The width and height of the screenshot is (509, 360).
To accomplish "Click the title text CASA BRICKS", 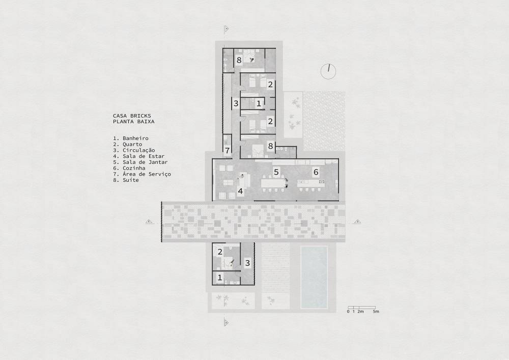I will click(x=132, y=116).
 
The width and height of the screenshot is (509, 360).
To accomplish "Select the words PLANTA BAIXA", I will click(x=134, y=122).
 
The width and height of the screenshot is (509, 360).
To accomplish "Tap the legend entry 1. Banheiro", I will click(x=131, y=138).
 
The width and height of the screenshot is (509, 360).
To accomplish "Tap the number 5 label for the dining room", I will click(x=276, y=172).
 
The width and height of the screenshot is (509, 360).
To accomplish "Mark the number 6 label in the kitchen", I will click(x=316, y=172).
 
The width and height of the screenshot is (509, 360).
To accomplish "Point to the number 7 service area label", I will click(x=228, y=150).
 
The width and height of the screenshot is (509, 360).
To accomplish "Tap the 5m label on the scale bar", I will click(x=376, y=311).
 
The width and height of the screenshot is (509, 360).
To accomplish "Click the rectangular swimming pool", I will click(x=314, y=277).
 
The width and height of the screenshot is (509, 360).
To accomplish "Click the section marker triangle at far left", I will click(x=149, y=221).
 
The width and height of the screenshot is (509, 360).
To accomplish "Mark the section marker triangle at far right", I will click(x=358, y=221).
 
